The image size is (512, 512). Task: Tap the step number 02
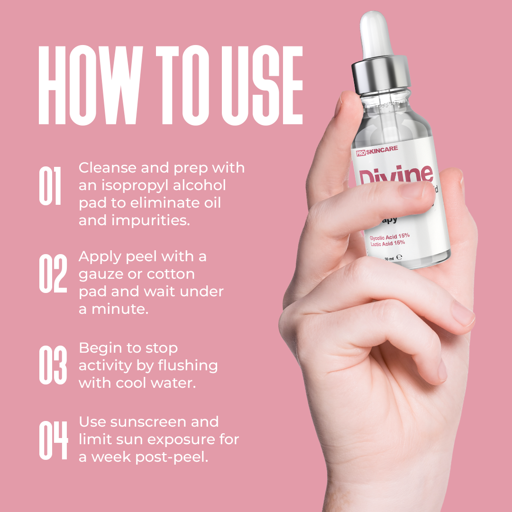pyautogui.click(x=53, y=274)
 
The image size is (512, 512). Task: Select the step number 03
pyautogui.click(x=53, y=365)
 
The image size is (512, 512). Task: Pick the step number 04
pyautogui.click(x=53, y=439)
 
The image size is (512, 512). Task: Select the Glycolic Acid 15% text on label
pyautogui.click(x=390, y=236)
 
